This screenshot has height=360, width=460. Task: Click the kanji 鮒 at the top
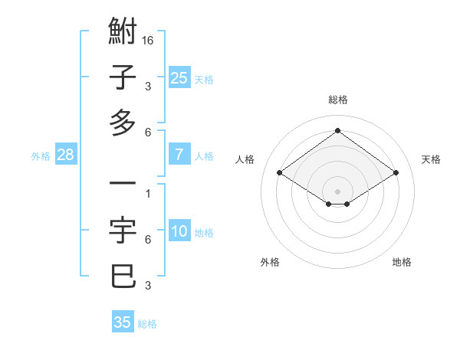point(123,34)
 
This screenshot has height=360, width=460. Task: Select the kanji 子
point(123,78)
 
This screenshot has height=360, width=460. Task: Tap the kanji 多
point(123,122)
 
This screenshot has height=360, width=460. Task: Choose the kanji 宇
point(123,231)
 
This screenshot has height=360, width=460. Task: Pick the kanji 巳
point(123,276)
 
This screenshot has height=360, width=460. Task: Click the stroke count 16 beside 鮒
point(149,40)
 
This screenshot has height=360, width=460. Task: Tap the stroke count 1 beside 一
point(147,193)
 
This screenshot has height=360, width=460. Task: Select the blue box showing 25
point(179,78)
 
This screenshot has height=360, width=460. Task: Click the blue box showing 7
point(179,155)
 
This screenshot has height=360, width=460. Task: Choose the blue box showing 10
point(179,231)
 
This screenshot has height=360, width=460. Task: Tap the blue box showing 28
point(66,155)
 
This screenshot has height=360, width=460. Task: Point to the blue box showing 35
point(123,322)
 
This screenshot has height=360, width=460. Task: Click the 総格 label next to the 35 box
point(147,324)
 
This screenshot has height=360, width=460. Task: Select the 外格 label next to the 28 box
point(41,156)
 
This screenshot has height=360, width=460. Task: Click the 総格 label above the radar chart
point(338,100)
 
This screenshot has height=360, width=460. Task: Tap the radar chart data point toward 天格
point(396,173)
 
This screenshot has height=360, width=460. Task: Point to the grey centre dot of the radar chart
point(338,191)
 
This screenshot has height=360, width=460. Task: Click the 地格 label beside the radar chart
point(402,262)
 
